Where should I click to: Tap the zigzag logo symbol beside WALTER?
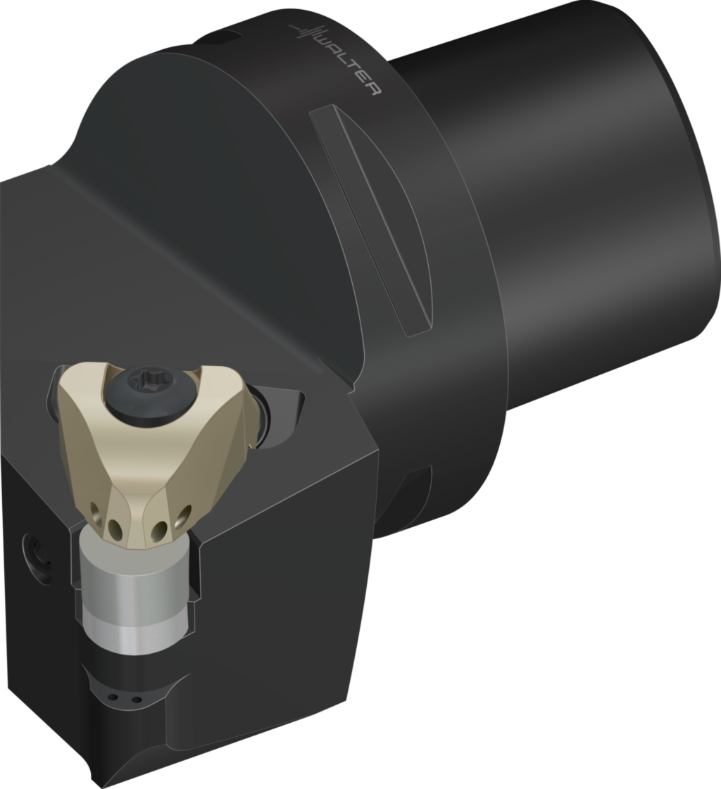[304, 32]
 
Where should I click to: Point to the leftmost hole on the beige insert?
[95, 507]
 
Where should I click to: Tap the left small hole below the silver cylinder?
[111, 698]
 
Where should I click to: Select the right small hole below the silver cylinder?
[136, 700]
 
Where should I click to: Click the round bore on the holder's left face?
[36, 559]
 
